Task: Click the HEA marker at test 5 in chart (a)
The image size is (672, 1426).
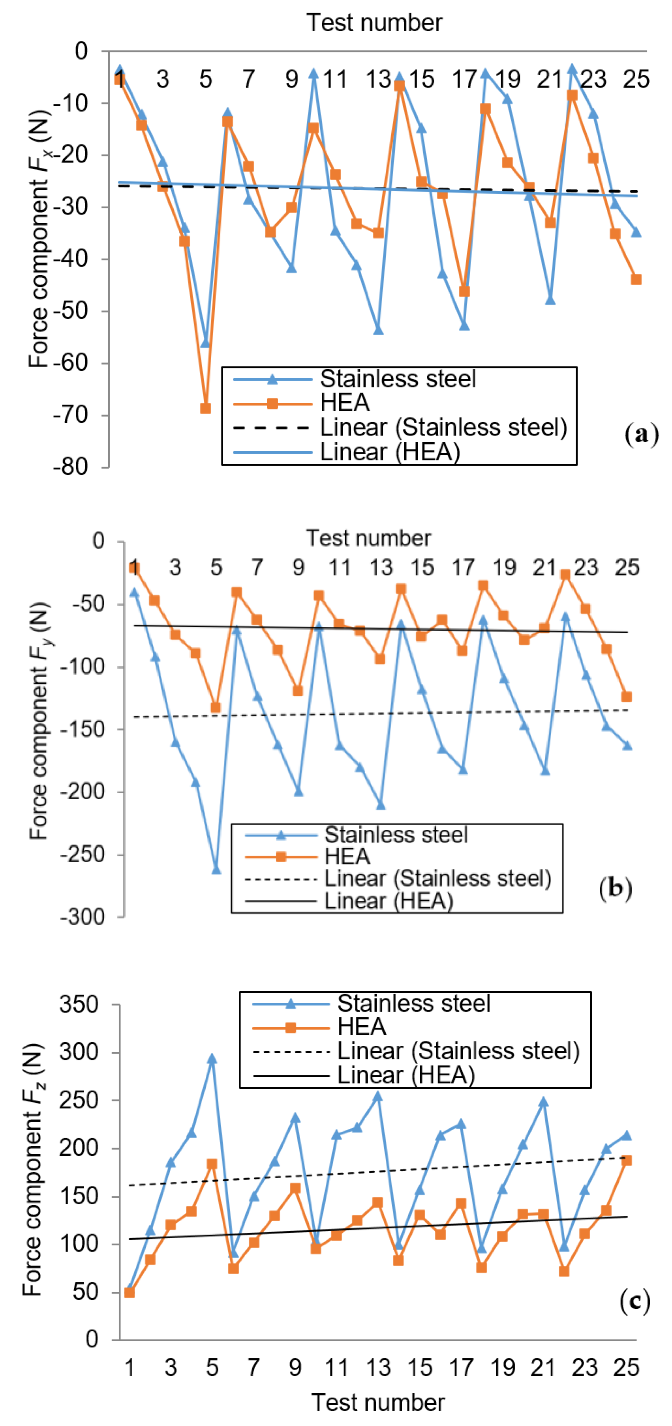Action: coord(206,408)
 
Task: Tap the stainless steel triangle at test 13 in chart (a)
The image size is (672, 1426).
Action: coord(378,330)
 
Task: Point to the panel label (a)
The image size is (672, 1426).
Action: coord(642,435)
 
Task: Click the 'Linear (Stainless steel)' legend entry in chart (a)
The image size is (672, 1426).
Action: coord(443,427)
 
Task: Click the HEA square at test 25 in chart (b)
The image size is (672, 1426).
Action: coord(627,696)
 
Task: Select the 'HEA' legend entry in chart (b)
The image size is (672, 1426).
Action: coord(347,856)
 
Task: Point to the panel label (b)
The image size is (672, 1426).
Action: coord(615,888)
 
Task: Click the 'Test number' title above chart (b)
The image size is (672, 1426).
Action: coord(368,538)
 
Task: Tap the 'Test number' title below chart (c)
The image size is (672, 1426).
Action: coord(378,1402)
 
